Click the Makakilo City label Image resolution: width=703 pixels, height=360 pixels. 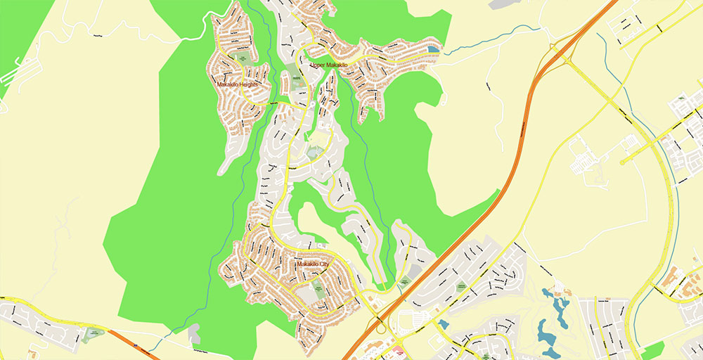click(x=312, y=264)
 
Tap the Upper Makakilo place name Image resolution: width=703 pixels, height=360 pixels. click(x=328, y=65)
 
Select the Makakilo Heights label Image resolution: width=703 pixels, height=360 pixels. click(x=238, y=84)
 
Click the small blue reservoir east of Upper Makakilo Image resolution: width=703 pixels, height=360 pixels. click(x=434, y=51)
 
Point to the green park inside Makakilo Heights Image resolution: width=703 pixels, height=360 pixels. click(x=243, y=57)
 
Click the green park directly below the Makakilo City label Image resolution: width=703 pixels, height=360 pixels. click(x=317, y=285)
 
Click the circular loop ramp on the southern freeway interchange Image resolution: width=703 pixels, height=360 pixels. click(x=380, y=326)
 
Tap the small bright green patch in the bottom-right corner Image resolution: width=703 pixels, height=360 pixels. click(x=652, y=350)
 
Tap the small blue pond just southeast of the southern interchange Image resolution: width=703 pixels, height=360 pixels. click(x=444, y=324)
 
